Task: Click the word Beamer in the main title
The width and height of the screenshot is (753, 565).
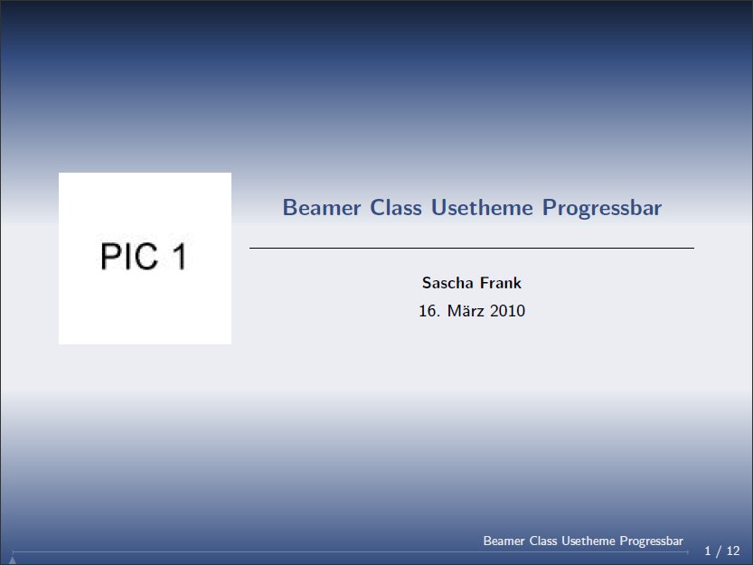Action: [322, 208]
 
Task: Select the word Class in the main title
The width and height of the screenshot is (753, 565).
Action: [396, 208]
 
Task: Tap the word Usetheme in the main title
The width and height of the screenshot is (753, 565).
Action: [482, 208]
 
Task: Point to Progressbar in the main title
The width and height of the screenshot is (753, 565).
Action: [602, 209]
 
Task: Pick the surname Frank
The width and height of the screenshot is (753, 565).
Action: [501, 283]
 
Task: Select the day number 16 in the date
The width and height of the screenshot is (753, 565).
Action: [428, 311]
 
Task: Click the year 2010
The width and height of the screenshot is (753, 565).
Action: [508, 311]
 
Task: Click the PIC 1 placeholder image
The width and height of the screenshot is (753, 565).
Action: [145, 259]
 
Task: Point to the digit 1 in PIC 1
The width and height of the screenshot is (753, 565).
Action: [180, 256]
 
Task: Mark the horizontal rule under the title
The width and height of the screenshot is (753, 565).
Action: [472, 248]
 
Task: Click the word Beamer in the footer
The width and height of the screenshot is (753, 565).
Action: [504, 541]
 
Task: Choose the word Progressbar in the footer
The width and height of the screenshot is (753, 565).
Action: [651, 541]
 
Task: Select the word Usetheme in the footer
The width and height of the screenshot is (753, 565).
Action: [588, 541]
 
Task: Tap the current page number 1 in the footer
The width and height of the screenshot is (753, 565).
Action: [708, 551]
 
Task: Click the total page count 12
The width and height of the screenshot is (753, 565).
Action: [733, 551]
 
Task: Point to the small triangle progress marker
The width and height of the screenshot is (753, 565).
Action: [13, 560]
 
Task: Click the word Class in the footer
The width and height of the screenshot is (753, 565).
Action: [543, 541]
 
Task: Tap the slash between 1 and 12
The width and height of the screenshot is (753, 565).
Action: [719, 551]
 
